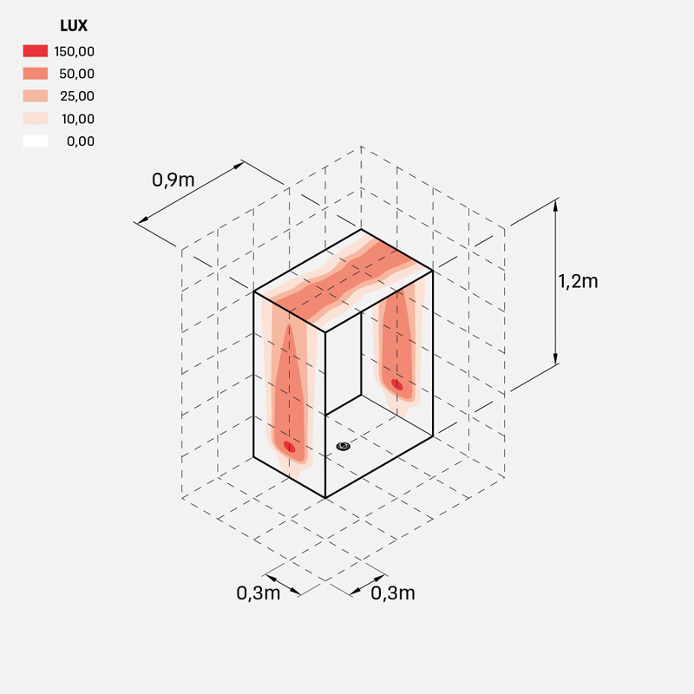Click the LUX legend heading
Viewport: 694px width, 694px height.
click(x=74, y=26)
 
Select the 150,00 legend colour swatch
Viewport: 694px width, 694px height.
click(x=36, y=51)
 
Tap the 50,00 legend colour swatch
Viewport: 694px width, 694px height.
click(x=36, y=74)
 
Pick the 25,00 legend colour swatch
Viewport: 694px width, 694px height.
click(x=36, y=96)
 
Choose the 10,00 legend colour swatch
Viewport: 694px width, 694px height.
click(x=36, y=119)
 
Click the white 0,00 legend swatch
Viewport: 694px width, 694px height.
click(x=36, y=141)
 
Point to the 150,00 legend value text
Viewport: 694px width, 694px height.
click(x=75, y=52)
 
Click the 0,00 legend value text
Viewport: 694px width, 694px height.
click(x=81, y=141)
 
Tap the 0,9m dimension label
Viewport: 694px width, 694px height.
click(x=173, y=180)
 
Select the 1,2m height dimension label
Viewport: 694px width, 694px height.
click(x=578, y=281)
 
